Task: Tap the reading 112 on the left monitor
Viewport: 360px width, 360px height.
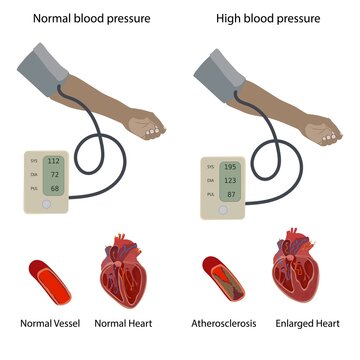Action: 54,160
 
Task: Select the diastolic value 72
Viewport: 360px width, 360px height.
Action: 55,174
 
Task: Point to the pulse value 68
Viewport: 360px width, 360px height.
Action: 55,188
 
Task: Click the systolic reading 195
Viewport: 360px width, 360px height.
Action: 229,166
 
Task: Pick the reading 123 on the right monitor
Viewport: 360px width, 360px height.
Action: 229,180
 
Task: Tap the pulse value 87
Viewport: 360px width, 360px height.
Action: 229,194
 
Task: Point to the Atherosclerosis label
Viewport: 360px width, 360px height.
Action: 224,324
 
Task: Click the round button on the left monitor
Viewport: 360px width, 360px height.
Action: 46,204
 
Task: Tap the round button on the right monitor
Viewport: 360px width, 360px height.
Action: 223,211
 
